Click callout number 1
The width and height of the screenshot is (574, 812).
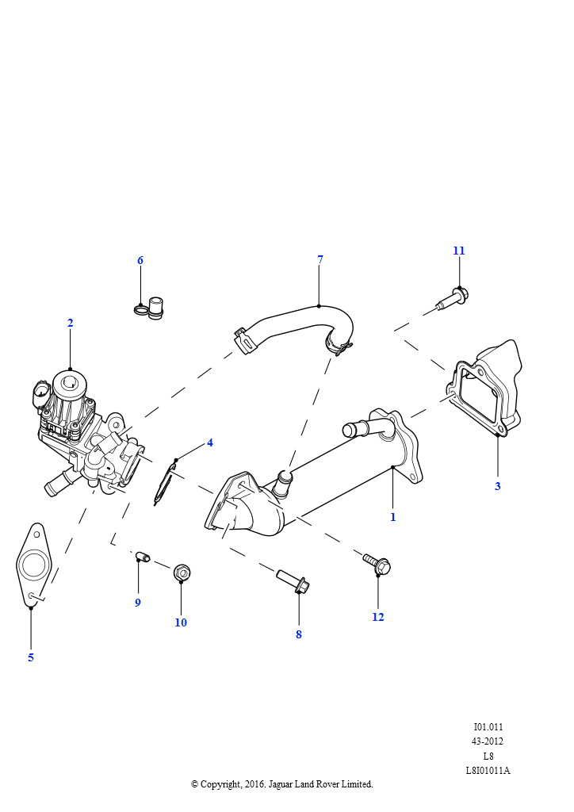tap(393, 517)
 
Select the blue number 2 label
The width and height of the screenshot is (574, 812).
tap(71, 324)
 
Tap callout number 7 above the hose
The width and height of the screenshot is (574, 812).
tap(320, 259)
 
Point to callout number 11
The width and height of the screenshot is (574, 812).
tap(459, 251)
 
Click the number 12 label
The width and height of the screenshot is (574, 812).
tap(378, 617)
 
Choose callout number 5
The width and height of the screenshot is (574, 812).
tap(31, 657)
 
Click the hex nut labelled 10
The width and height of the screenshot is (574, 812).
tap(182, 573)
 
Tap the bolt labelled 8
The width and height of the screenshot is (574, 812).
tap(293, 580)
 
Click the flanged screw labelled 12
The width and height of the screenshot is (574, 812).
tap(377, 563)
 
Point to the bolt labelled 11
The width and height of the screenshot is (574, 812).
tap(453, 299)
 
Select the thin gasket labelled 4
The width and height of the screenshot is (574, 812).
tap(166, 485)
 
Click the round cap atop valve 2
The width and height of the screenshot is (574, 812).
tap(71, 384)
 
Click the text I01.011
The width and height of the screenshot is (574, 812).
tap(488, 727)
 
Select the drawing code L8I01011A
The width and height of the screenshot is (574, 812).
tap(488, 771)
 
